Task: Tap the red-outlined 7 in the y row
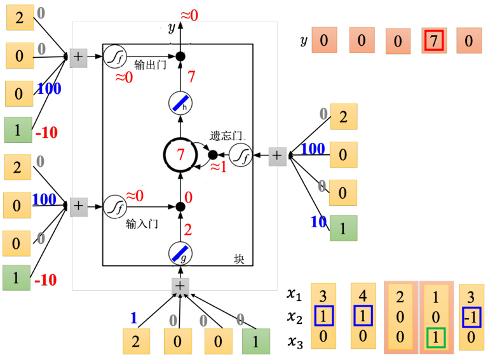[434, 41]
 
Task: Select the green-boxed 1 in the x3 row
[436, 338]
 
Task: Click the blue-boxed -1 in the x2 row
[471, 317]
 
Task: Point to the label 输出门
[150, 65]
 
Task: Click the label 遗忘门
[226, 135]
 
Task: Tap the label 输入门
[142, 223]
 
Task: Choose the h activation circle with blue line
[180, 103]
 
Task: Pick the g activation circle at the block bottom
[180, 253]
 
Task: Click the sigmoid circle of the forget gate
[241, 155]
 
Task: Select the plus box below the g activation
[180, 286]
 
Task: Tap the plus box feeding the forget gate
[277, 156]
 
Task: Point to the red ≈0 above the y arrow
[189, 15]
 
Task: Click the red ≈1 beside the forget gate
[219, 167]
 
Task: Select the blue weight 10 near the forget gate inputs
[318, 222]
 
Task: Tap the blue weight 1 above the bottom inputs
[134, 317]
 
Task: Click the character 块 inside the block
[239, 258]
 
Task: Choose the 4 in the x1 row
[363, 296]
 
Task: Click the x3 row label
[295, 341]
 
